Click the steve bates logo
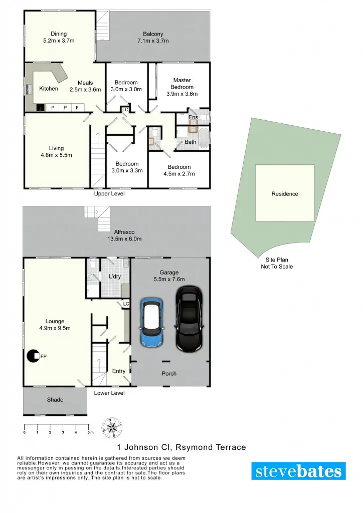tap(298, 471)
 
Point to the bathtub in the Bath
tap(204, 139)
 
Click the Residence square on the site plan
tap(285, 193)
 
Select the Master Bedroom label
tap(182, 87)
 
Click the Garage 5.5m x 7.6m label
tap(169, 276)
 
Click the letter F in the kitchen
tap(77, 108)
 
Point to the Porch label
tap(169, 374)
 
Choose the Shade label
tap(55, 400)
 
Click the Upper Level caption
tap(109, 193)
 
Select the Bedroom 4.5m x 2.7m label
tap(179, 170)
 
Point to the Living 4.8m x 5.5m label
tap(56, 151)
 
